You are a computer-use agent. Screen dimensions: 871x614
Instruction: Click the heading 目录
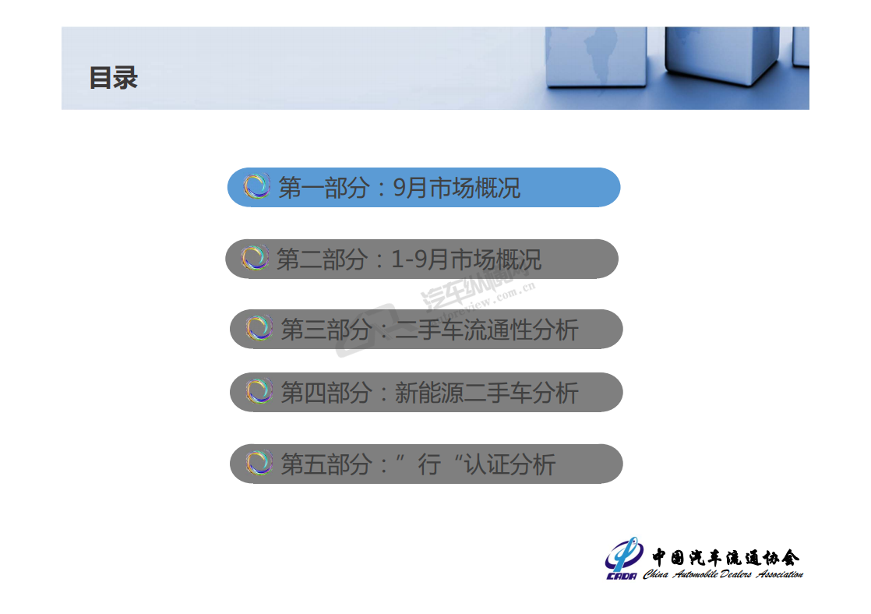[113, 78]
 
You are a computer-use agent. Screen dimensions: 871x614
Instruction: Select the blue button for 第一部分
[424, 187]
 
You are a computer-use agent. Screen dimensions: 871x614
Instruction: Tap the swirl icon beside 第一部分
[256, 186]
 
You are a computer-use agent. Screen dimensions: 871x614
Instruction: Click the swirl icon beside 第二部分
[255, 258]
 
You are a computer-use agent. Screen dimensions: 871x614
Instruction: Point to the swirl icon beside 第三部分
[259, 328]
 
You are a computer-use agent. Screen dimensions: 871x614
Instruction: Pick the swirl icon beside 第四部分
[259, 391]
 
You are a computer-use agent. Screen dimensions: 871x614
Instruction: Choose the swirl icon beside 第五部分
[259, 463]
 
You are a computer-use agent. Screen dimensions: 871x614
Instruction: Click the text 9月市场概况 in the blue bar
[457, 188]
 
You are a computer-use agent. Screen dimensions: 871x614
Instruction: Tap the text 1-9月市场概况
[466, 259]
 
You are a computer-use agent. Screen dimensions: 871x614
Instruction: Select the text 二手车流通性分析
[487, 330]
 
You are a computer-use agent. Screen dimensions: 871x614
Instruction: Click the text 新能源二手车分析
[487, 393]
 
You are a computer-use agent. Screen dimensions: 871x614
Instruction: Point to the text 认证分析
[510, 464]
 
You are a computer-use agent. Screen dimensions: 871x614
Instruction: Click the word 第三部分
[326, 330]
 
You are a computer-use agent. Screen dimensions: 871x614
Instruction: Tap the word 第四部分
[326, 393]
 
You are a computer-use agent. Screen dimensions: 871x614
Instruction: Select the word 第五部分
[326, 464]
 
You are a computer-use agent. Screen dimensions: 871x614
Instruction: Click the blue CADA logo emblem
[623, 558]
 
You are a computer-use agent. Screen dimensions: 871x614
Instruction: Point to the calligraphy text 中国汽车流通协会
[725, 557]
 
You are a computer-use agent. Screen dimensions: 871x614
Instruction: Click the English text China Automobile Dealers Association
[723, 574]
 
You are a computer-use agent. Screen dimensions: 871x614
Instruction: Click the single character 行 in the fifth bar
[429, 464]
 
